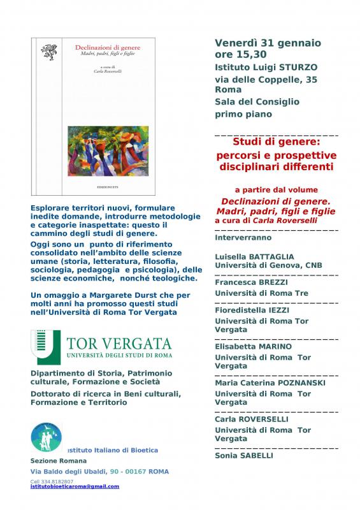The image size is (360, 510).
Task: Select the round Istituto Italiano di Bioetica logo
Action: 47,438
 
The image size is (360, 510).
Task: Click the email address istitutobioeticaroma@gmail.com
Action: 75,486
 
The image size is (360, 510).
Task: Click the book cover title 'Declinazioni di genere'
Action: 108,48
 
